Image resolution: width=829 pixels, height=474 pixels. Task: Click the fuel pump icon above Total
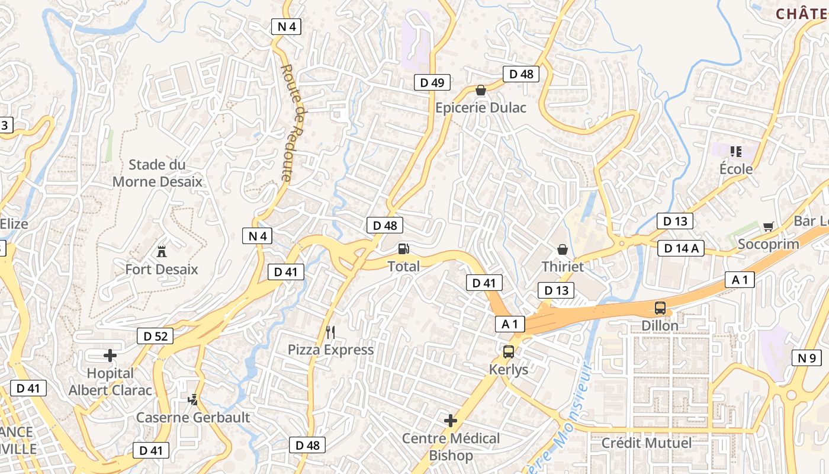pyautogui.click(x=403, y=249)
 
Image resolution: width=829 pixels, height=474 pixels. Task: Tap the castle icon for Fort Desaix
pyautogui.click(x=161, y=251)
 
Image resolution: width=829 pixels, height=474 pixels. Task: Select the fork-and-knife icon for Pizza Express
pyautogui.click(x=330, y=332)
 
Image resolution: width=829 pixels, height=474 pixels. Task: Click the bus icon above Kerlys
pyautogui.click(x=508, y=352)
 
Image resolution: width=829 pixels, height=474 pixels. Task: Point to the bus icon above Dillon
pyautogui.click(x=660, y=308)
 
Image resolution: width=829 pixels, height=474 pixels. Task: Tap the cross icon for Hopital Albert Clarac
pyautogui.click(x=110, y=355)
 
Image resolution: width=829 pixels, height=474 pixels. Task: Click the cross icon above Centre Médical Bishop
pyautogui.click(x=451, y=421)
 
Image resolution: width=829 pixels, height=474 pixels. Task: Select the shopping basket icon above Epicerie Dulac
pyautogui.click(x=481, y=91)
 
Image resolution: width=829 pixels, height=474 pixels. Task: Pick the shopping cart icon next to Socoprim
pyautogui.click(x=768, y=226)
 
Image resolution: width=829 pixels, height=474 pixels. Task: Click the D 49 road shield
pyautogui.click(x=432, y=82)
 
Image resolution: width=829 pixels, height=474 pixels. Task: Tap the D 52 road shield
pyautogui.click(x=155, y=337)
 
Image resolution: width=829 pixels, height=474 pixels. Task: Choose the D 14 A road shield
pyautogui.click(x=680, y=248)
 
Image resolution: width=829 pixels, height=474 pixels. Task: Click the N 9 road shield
pyautogui.click(x=806, y=358)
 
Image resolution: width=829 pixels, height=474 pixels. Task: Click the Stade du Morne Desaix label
pyautogui.click(x=157, y=173)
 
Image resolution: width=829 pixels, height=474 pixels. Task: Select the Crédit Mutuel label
pyautogui.click(x=646, y=443)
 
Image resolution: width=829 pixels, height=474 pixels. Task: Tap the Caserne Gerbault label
pyautogui.click(x=193, y=417)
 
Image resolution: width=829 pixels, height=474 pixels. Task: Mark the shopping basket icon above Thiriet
pyautogui.click(x=562, y=249)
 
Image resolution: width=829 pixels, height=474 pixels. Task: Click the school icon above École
pyautogui.click(x=736, y=152)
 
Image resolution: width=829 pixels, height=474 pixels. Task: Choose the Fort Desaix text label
pyautogui.click(x=162, y=270)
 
